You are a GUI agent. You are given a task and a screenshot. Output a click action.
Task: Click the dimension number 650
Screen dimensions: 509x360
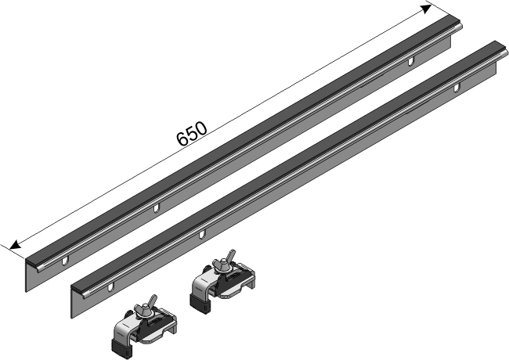[192, 133]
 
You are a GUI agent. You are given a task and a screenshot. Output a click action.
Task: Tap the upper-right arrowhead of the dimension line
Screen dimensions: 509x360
[426, 9]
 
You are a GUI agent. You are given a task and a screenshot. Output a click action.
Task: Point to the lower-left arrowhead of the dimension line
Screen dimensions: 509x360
[15, 244]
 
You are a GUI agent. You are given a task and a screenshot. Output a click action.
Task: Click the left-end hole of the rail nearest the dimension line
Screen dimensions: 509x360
[65, 261]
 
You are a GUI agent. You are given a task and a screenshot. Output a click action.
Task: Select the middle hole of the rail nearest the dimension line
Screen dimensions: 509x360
[156, 208]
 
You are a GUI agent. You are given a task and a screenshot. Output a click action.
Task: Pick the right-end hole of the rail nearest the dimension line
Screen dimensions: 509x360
[411, 60]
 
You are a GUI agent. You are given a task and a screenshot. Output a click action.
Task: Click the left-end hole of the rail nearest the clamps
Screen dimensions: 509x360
[110, 287]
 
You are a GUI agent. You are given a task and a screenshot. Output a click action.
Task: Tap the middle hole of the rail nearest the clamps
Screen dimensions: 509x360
[202, 234]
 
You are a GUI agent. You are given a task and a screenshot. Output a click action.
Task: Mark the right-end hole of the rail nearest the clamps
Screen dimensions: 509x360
[457, 87]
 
